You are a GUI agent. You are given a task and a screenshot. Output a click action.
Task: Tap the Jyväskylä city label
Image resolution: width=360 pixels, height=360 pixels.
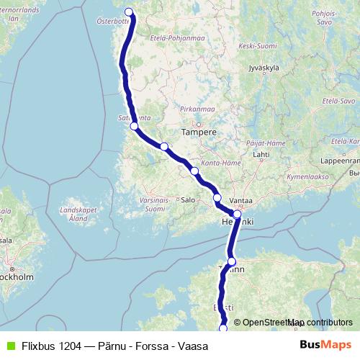click(x=263, y=68)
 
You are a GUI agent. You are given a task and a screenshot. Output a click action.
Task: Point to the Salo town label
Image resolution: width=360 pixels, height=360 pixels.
click(x=189, y=199)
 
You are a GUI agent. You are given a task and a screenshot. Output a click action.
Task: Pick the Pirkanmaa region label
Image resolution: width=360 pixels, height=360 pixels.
click(x=194, y=109)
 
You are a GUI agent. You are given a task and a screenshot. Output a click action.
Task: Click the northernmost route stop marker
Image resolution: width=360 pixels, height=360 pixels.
click(x=130, y=12)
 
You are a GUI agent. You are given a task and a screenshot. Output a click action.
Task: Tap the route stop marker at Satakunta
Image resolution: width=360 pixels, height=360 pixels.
click(x=134, y=127)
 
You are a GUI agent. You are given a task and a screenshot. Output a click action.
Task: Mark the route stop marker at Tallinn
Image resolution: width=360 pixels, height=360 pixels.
click(x=231, y=261)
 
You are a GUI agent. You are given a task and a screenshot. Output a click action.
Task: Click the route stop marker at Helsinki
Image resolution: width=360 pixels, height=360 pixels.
click(x=237, y=214)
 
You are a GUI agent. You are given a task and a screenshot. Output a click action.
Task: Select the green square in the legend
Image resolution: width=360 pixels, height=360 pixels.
click(x=9, y=346)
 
